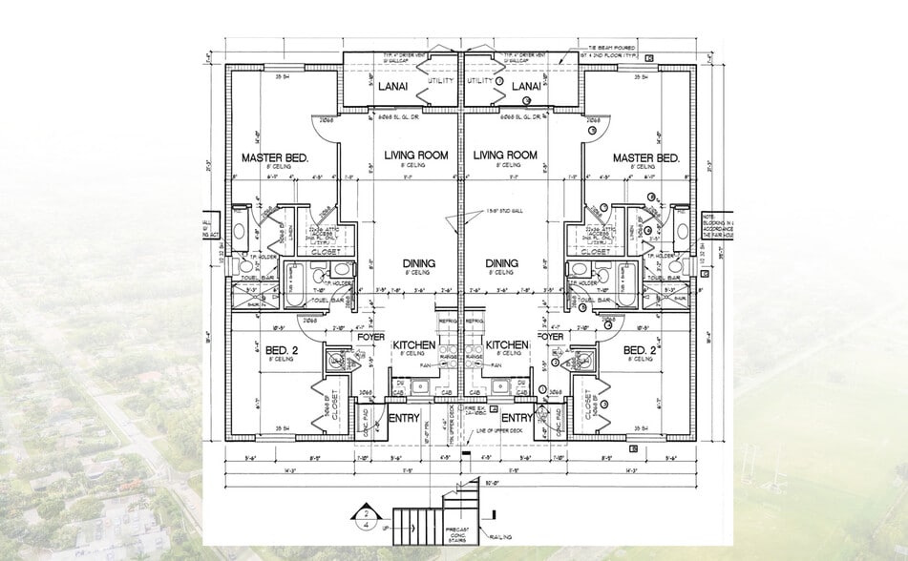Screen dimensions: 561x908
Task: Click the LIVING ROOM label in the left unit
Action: pos(412,155)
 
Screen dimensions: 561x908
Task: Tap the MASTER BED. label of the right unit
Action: pos(645,157)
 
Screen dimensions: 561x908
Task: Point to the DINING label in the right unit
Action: pos(501,263)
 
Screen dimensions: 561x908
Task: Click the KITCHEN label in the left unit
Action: pos(414,343)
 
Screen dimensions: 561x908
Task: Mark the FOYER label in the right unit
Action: pos(551,336)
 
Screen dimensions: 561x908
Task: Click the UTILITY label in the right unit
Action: pos(480,82)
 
